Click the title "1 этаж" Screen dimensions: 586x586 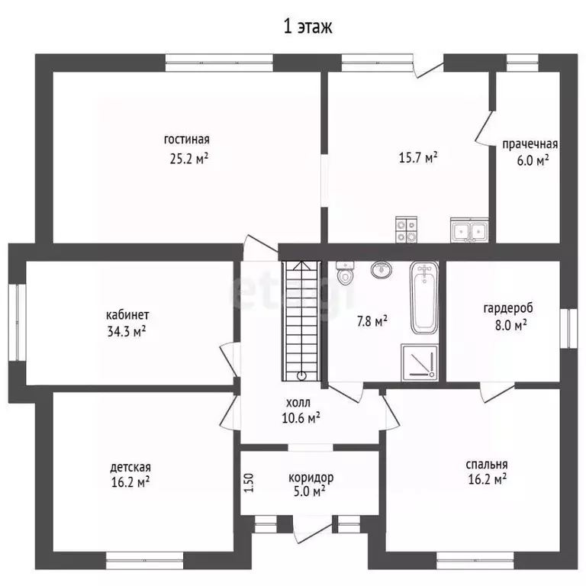[x=307, y=27]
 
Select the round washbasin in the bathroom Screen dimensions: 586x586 [x=382, y=269]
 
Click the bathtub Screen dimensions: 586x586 [x=424, y=298]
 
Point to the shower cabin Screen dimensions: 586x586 [x=420, y=362]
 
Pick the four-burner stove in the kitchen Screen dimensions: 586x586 [x=406, y=230]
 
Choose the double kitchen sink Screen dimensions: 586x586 [x=469, y=230]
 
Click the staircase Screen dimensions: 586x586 [x=301, y=321]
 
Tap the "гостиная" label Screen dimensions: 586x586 [x=187, y=140]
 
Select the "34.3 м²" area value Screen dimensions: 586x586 [x=127, y=331]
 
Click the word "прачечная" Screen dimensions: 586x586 [x=530, y=144]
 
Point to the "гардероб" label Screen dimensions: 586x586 [x=508, y=309]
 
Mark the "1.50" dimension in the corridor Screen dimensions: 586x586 [x=250, y=483]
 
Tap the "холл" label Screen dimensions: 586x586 [x=298, y=403]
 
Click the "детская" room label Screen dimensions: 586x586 [x=130, y=468]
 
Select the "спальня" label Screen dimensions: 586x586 [x=487, y=465]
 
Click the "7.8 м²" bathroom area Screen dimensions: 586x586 [x=372, y=321]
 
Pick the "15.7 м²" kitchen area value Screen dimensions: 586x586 [x=418, y=157]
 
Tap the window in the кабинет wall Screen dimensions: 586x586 [x=17, y=323]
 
